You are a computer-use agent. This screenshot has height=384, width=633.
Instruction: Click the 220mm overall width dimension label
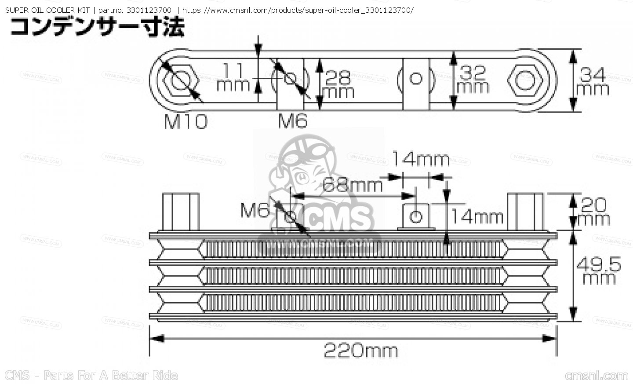[360, 351]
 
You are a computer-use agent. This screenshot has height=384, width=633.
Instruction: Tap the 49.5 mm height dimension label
[598, 271]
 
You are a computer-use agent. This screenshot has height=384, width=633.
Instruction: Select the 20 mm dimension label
[594, 212]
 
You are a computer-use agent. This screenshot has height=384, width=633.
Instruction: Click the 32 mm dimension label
[473, 79]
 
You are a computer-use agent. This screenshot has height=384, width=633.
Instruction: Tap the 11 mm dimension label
[233, 77]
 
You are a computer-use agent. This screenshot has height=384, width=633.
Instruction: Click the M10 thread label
[185, 121]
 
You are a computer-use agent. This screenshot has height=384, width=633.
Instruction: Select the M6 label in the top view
[293, 121]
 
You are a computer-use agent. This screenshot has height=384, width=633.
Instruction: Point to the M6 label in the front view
[255, 211]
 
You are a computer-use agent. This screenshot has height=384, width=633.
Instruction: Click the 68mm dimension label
[353, 186]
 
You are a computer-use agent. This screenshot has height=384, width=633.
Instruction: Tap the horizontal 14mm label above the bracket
[420, 159]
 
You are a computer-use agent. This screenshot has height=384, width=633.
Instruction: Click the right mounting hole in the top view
[416, 79]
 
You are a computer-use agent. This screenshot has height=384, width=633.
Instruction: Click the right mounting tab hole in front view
[416, 216]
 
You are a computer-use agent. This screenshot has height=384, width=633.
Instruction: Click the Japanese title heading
[97, 27]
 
